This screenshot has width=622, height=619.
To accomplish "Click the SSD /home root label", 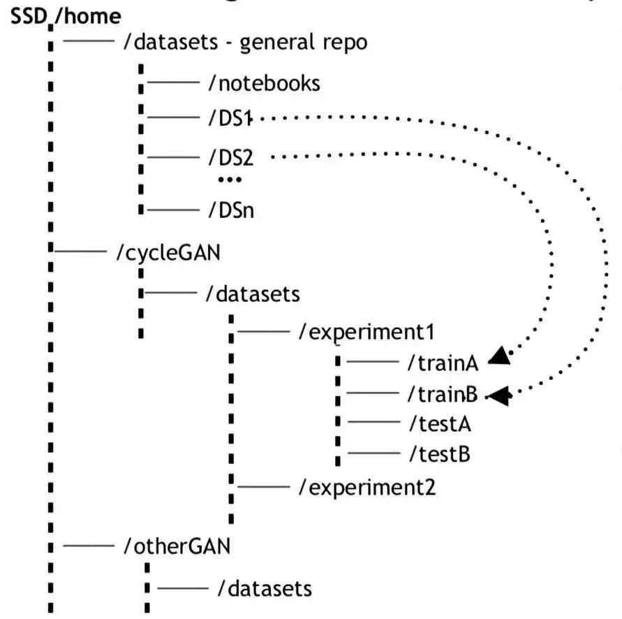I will pos(66,15).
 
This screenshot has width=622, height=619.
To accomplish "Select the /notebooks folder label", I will pos(265,84).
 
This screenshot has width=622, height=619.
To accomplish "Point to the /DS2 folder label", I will pos(230,158).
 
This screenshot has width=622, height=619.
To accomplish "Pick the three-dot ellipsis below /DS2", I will pos(229,180).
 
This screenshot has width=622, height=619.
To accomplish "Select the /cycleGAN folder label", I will pos(168,252).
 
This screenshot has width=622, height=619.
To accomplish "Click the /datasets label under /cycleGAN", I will pos(253,293).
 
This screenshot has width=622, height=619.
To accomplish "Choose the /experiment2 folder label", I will pos(367,486).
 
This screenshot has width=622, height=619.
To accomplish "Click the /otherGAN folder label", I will pos(176,545).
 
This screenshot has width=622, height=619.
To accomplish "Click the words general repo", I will pos(303,43).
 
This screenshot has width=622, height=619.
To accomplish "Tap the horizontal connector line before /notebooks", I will pos(173,83).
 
